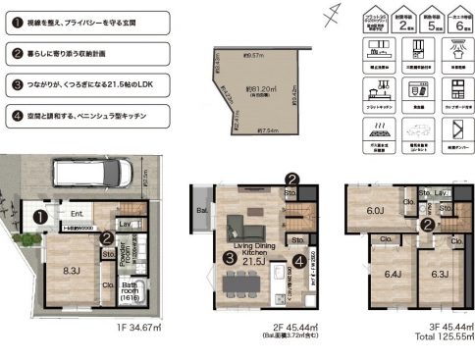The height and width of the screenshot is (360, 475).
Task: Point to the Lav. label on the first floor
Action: [x=126, y=224]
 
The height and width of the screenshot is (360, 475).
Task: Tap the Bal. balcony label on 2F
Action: [x=201, y=209]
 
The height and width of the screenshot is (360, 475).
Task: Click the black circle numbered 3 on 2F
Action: [x=228, y=258]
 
